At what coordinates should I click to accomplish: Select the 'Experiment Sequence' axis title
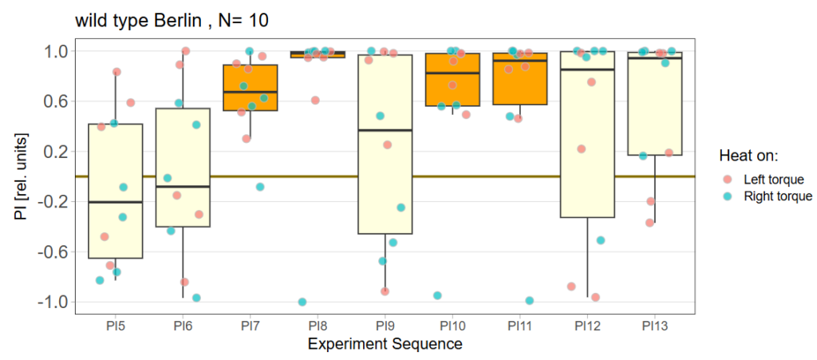(x=385, y=345)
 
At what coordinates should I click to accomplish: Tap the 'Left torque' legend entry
(x=772, y=179)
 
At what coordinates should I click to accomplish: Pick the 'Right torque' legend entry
(x=776, y=196)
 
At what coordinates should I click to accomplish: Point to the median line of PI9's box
(x=385, y=130)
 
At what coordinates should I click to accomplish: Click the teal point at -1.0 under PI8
(x=302, y=302)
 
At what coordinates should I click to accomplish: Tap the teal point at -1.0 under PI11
(x=529, y=301)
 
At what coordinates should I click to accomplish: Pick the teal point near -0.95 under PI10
(x=437, y=295)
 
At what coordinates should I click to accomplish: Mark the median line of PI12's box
(x=586, y=69)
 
